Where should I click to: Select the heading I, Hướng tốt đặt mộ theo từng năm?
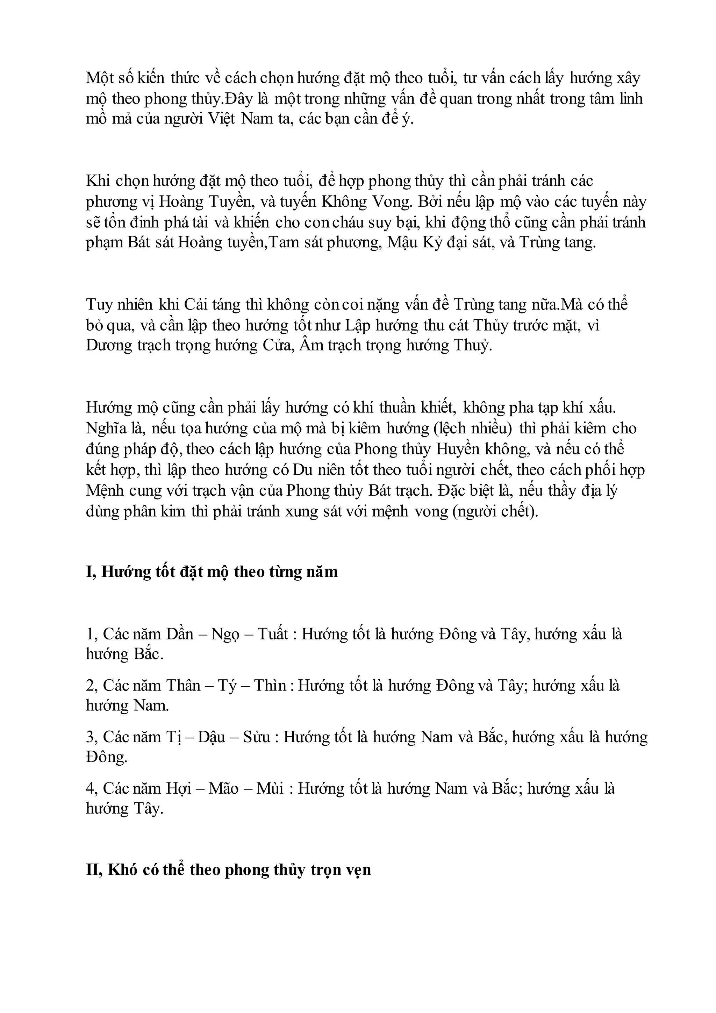pos(212,572)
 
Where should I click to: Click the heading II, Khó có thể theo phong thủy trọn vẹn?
pos(228,870)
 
